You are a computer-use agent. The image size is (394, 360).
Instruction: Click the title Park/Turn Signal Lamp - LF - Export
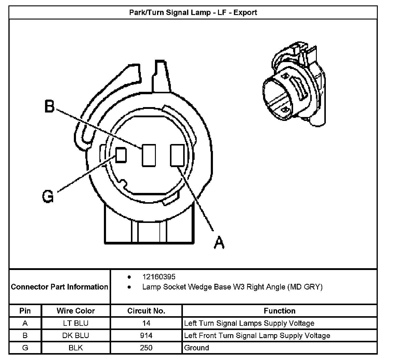click(x=193, y=13)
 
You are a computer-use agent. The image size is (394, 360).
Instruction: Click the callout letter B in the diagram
click(x=50, y=106)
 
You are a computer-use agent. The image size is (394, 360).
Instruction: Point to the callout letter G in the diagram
click(x=48, y=196)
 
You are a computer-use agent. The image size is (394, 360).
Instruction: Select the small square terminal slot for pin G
click(x=121, y=155)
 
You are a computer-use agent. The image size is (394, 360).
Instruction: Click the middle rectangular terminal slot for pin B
click(x=149, y=155)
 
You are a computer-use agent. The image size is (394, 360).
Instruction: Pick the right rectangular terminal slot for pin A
click(x=177, y=155)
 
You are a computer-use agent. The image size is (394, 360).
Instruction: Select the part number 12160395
click(x=159, y=277)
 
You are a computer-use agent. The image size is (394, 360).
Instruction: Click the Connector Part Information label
click(x=59, y=287)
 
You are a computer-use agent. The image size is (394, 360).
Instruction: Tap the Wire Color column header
click(x=76, y=311)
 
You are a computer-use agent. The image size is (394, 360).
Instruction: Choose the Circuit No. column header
click(x=146, y=311)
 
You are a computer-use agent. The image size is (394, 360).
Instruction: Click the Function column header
click(x=280, y=311)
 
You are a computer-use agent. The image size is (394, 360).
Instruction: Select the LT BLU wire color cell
click(x=76, y=323)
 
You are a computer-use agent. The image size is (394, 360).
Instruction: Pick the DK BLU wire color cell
click(x=76, y=335)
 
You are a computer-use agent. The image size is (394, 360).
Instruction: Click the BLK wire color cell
click(x=76, y=348)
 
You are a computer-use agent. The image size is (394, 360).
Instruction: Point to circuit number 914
click(x=146, y=335)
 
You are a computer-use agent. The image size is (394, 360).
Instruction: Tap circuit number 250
click(x=146, y=348)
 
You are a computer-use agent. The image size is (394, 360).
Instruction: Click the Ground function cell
click(x=197, y=348)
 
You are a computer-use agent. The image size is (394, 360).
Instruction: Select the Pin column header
click(x=25, y=311)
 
